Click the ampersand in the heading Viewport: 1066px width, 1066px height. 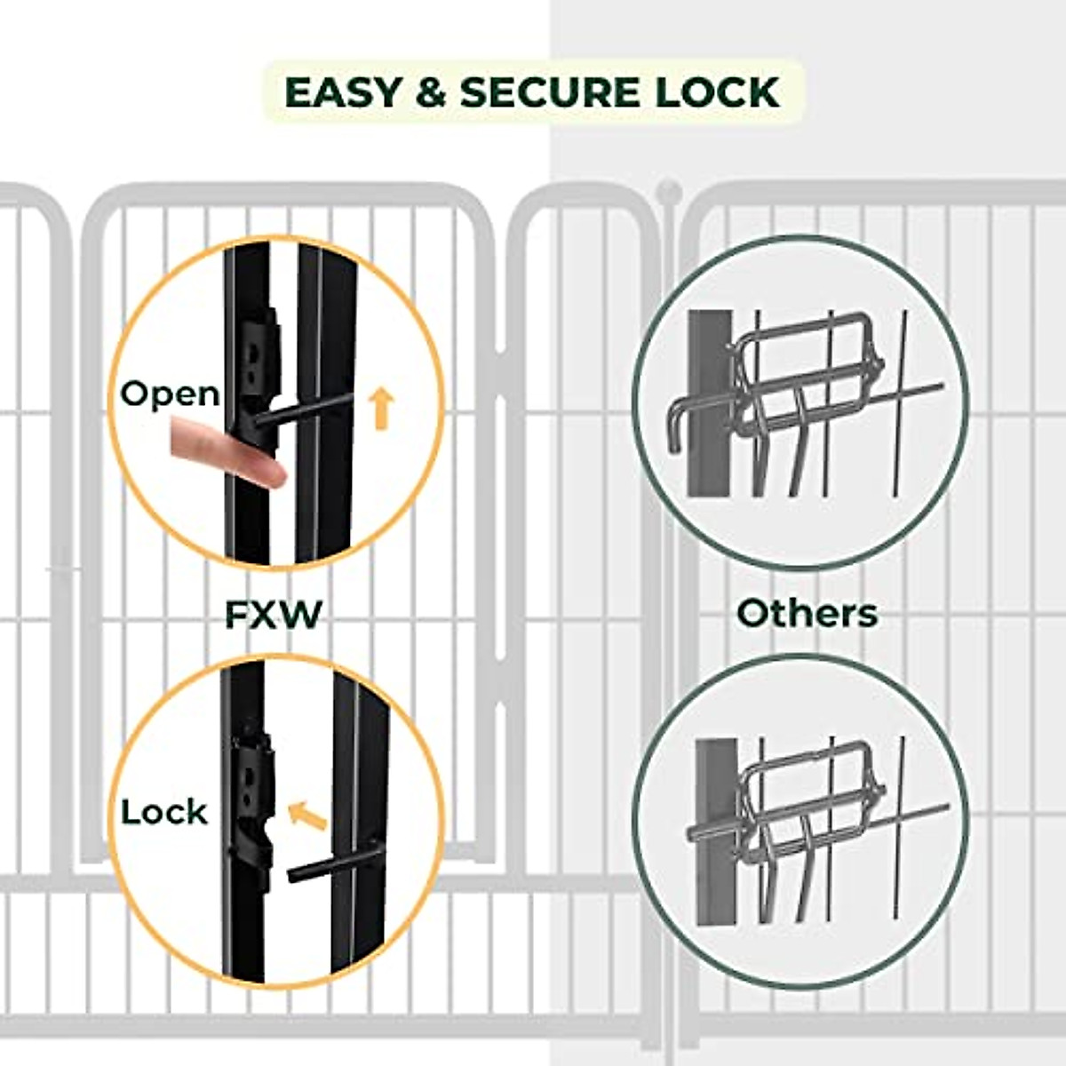pos(431,92)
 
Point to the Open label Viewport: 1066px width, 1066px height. pos(170,394)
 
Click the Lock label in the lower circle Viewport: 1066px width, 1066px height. pos(164,812)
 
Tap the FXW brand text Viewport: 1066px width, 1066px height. pos(273,614)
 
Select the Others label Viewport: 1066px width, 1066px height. pos(807,613)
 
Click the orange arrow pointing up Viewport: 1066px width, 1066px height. pos(381,408)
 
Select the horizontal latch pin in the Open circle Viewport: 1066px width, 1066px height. pos(302,410)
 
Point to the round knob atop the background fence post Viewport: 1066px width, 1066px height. pos(668,190)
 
